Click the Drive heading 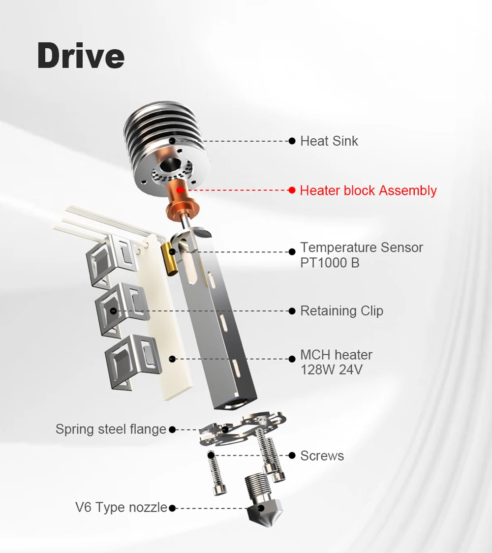[x=81, y=56]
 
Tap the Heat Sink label [x=329, y=141]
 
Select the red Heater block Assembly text [x=368, y=190]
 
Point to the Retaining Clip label [x=341, y=311]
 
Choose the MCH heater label [x=336, y=355]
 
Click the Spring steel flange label [x=111, y=429]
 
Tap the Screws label [x=322, y=456]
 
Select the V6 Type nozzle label [x=121, y=508]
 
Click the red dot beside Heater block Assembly [x=292, y=190]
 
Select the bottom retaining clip [x=133, y=362]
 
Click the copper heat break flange [x=183, y=209]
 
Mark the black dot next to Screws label [x=292, y=456]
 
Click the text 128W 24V [x=331, y=370]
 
